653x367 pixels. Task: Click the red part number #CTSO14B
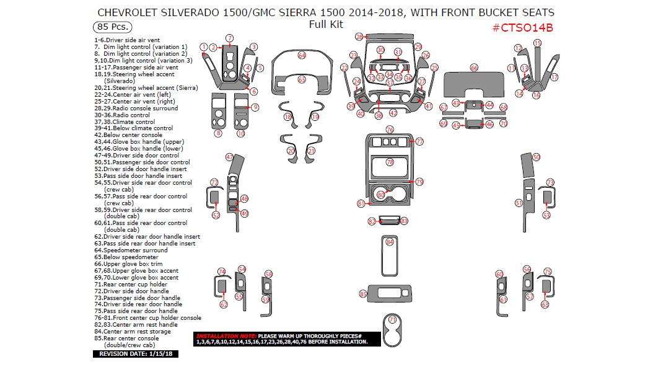(522, 28)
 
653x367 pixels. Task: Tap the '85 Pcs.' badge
(108, 27)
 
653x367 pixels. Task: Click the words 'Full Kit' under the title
(326, 25)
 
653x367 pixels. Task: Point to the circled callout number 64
(302, 55)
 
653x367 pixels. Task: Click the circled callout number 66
(474, 68)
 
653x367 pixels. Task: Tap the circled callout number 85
(363, 293)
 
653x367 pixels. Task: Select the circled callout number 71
(392, 319)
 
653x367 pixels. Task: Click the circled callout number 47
(229, 157)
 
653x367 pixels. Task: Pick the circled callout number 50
(536, 157)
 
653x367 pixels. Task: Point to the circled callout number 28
(359, 37)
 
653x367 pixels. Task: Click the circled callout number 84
(390, 242)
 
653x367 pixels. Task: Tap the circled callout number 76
(390, 130)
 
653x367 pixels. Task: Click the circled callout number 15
(537, 43)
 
